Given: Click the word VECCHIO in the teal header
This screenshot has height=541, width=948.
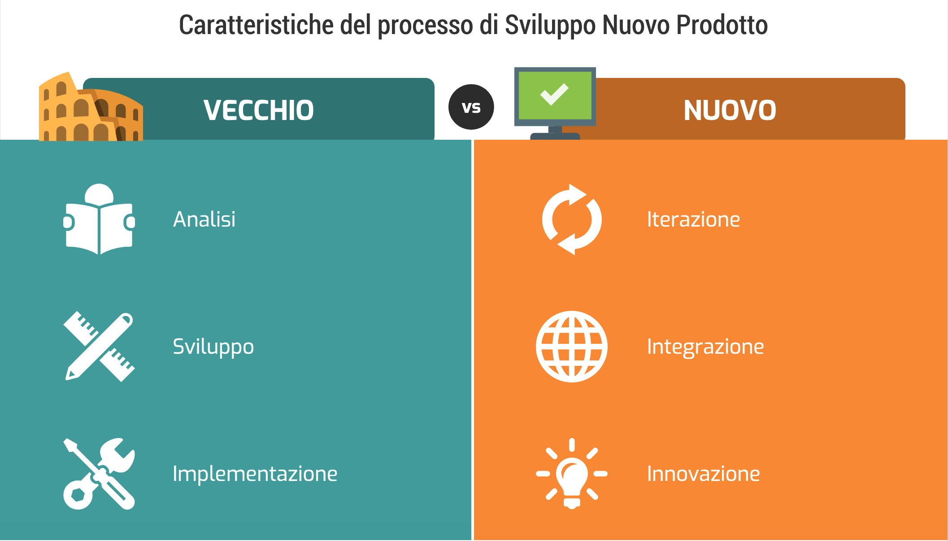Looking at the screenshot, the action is click(258, 110).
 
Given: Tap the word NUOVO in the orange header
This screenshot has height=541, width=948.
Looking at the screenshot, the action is click(730, 110).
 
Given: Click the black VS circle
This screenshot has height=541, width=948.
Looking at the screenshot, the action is click(471, 107).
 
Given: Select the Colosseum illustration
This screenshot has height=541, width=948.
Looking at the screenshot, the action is click(91, 107).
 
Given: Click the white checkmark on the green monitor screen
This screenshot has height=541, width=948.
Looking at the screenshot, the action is click(554, 94).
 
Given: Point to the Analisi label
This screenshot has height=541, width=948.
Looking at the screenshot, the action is click(204, 219).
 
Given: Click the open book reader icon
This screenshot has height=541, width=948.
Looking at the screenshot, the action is click(99, 219).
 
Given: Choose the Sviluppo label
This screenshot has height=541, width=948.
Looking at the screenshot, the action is click(213, 347).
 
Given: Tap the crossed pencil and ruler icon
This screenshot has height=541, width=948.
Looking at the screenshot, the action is click(99, 346).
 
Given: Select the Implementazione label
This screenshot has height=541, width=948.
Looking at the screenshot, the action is click(255, 474).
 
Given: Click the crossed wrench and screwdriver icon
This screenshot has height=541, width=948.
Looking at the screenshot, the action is click(99, 474).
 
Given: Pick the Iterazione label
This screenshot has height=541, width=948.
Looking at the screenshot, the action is click(693, 219).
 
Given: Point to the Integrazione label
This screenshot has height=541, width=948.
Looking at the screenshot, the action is click(705, 347).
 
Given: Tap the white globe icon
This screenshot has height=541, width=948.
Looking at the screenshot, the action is click(572, 347).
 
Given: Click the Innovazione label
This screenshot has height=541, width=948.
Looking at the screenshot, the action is click(704, 474).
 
